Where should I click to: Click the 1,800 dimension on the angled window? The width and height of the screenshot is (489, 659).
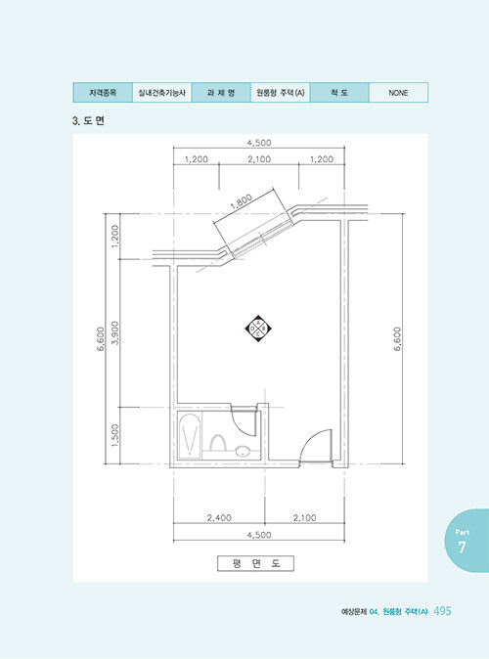[x=242, y=201]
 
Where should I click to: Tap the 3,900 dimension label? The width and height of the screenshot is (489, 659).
[x=115, y=333]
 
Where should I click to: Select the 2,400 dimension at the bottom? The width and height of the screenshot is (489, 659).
[x=219, y=518]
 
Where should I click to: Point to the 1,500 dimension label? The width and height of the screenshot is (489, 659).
[x=115, y=435]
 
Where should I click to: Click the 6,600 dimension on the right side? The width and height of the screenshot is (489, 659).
[x=397, y=338]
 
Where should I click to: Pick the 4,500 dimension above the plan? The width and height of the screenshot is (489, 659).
[x=259, y=143]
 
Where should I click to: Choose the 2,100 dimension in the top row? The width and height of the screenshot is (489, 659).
[x=259, y=159]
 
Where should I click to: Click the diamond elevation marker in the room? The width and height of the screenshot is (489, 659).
[x=258, y=329]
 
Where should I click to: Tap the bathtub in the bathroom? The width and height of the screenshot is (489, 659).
[x=189, y=436]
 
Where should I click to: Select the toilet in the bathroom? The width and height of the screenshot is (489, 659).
[x=218, y=443]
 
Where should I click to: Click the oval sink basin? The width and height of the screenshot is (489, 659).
[x=243, y=453]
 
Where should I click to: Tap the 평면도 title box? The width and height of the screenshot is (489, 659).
[x=255, y=563]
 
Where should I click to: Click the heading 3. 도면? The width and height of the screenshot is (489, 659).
[x=88, y=121]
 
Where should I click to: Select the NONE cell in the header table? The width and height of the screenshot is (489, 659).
[x=398, y=93]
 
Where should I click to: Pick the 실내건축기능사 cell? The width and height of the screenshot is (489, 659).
[x=162, y=93]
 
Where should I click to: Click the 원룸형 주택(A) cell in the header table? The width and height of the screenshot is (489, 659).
[x=280, y=93]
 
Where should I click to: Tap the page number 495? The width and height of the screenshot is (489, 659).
[x=442, y=611]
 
